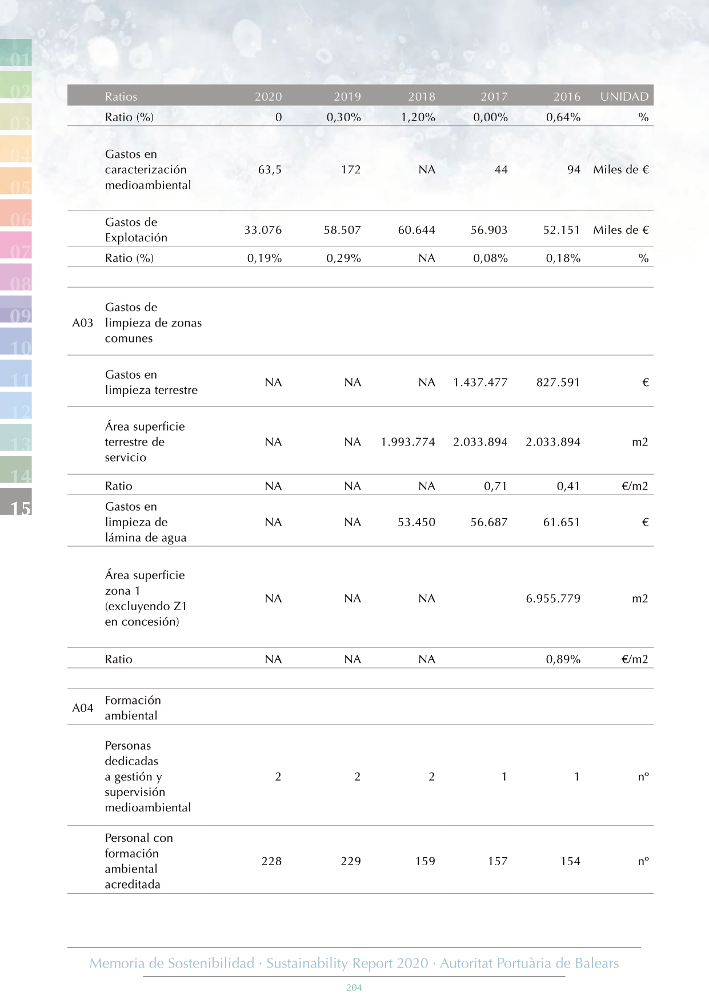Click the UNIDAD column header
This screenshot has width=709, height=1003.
(x=624, y=97)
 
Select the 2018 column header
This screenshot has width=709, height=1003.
(x=422, y=97)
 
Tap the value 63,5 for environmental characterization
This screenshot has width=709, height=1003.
(x=270, y=170)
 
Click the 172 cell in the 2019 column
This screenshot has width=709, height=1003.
(x=351, y=170)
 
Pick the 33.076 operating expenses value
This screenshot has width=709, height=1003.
(x=263, y=230)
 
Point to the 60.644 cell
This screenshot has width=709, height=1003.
(x=416, y=230)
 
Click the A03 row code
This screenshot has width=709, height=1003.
(x=82, y=323)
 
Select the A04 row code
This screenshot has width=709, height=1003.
(x=82, y=708)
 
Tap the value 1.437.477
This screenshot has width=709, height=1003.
(x=480, y=383)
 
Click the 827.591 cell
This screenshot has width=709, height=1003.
(x=558, y=383)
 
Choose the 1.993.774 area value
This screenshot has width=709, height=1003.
(x=408, y=442)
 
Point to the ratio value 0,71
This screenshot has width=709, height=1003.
(x=495, y=487)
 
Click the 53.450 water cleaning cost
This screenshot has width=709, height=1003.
(x=416, y=522)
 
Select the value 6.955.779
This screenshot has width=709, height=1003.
(x=553, y=599)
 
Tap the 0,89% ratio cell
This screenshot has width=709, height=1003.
(x=563, y=659)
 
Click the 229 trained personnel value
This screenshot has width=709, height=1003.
(x=351, y=861)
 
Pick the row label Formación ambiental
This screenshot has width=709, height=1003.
(x=133, y=708)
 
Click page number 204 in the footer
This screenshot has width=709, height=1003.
(x=354, y=988)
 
